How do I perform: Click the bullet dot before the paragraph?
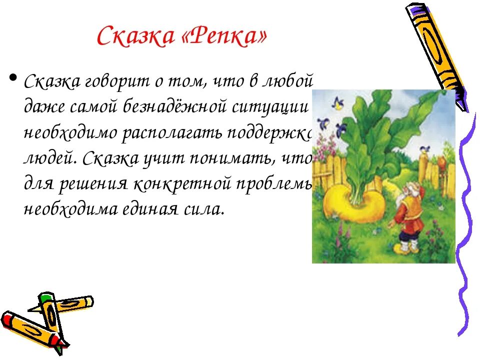(13, 78)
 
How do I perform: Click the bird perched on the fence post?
(425, 148)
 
